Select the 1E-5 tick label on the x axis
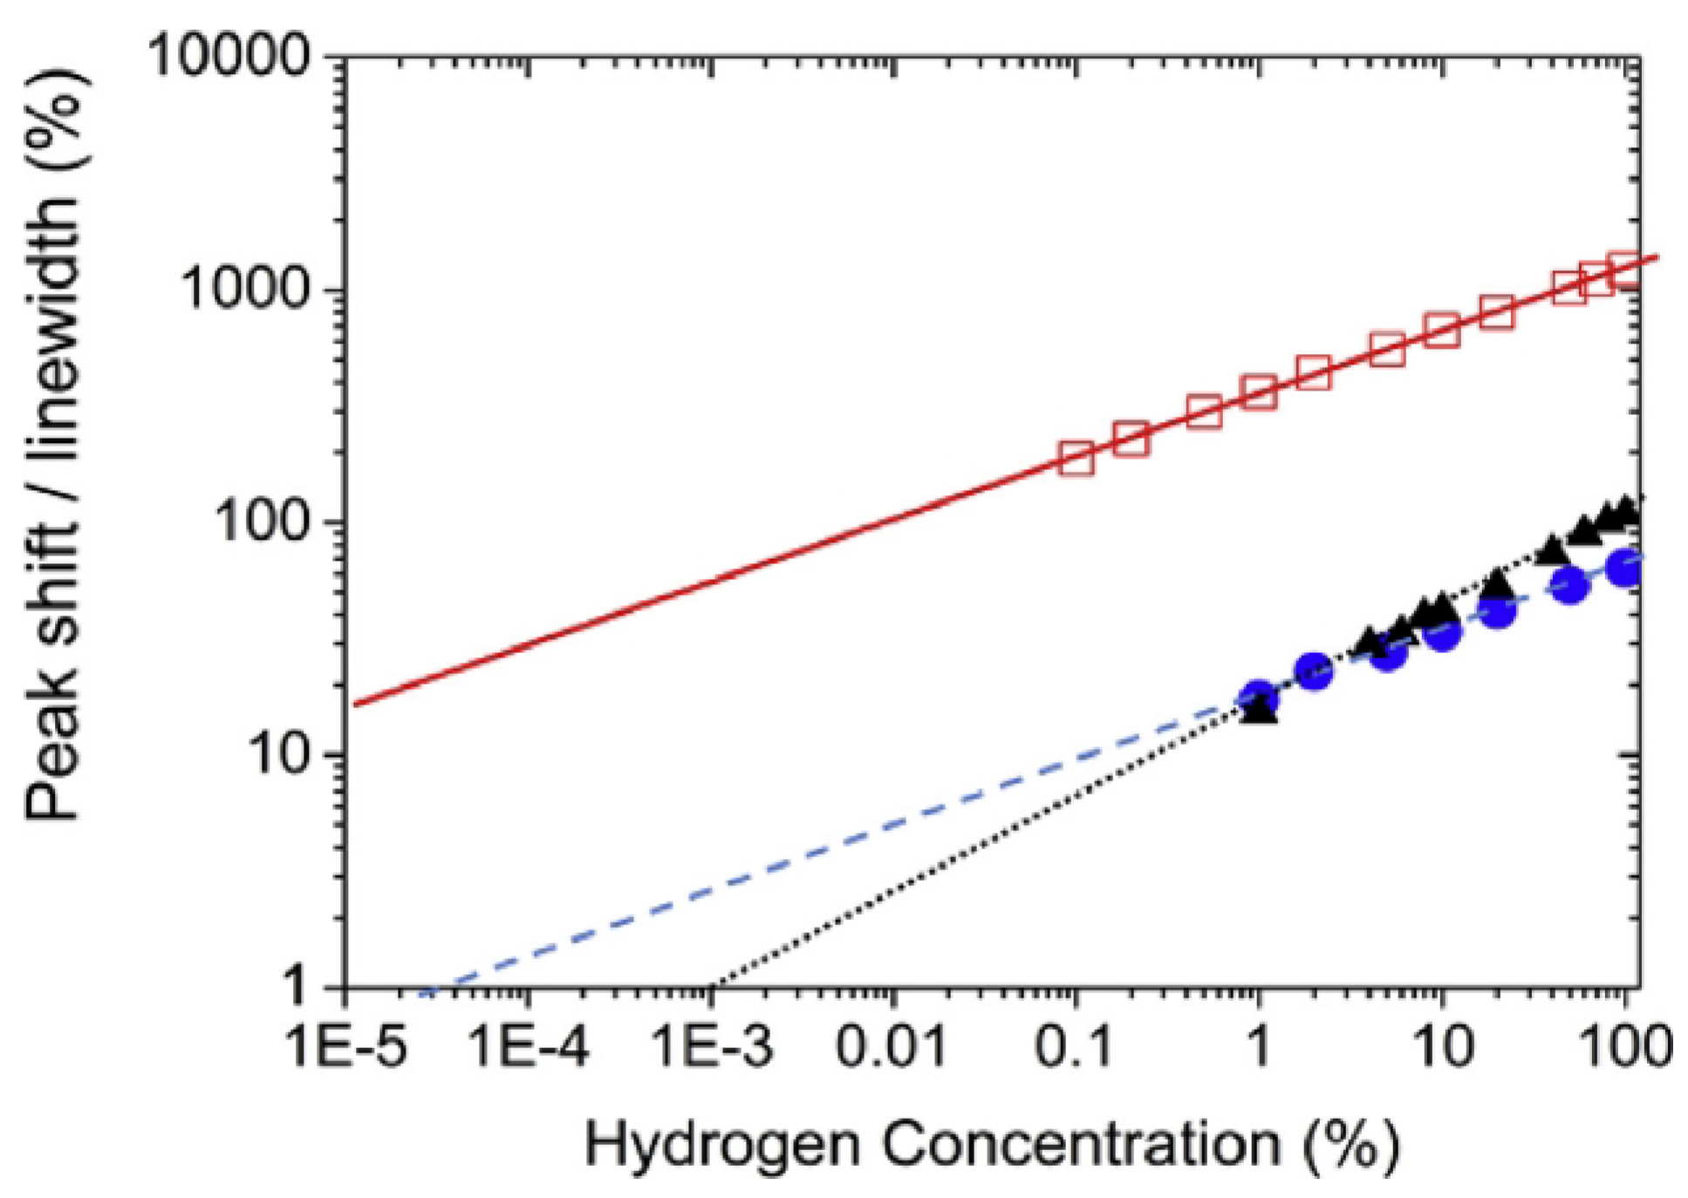(x=347, y=1045)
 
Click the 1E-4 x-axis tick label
(x=530, y=1045)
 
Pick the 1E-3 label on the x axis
(x=712, y=1045)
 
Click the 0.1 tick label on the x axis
(x=1075, y=1045)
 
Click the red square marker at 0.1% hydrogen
(x=1076, y=459)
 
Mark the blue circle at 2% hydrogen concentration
(x=1314, y=671)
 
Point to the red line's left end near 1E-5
(x=356, y=705)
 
